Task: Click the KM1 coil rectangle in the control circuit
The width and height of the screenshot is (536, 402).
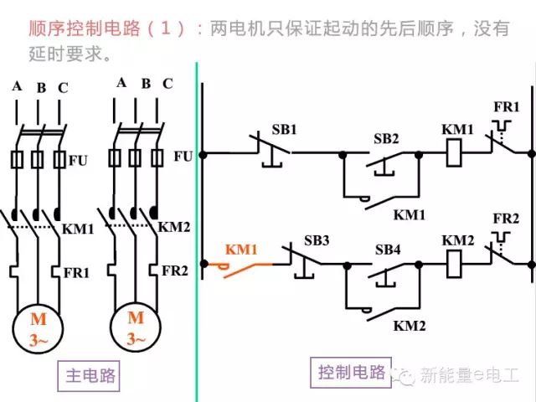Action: point(454,152)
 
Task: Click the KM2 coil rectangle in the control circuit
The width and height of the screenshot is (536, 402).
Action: point(454,264)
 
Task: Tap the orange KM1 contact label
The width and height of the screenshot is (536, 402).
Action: point(241,250)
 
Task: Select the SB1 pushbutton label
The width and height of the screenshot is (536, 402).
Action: point(285,129)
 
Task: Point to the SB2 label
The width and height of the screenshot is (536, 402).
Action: point(386,138)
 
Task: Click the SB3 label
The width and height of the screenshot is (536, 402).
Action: point(317,240)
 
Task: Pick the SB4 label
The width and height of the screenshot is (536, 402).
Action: point(388,250)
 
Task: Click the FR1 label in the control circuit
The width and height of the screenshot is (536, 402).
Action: point(506,106)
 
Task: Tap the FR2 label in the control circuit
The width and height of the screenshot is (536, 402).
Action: point(506,218)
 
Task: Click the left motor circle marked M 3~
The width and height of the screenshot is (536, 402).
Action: point(38,329)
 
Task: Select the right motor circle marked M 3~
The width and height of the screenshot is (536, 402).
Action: point(136,327)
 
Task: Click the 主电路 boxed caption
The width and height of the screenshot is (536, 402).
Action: point(89,376)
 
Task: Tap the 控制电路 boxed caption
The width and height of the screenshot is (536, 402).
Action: point(351,372)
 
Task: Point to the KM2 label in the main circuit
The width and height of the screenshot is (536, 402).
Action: point(173,227)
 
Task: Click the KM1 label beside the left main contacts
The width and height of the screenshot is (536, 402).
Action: point(78,229)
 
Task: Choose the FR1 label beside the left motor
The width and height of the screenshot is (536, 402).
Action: point(76,273)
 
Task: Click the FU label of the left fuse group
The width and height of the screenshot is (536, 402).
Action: point(78,160)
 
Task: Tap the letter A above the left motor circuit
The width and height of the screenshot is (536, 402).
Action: point(17,86)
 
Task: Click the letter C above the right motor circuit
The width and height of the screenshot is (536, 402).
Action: point(167,84)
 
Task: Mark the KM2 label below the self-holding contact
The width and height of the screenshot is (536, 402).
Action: point(410,326)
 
